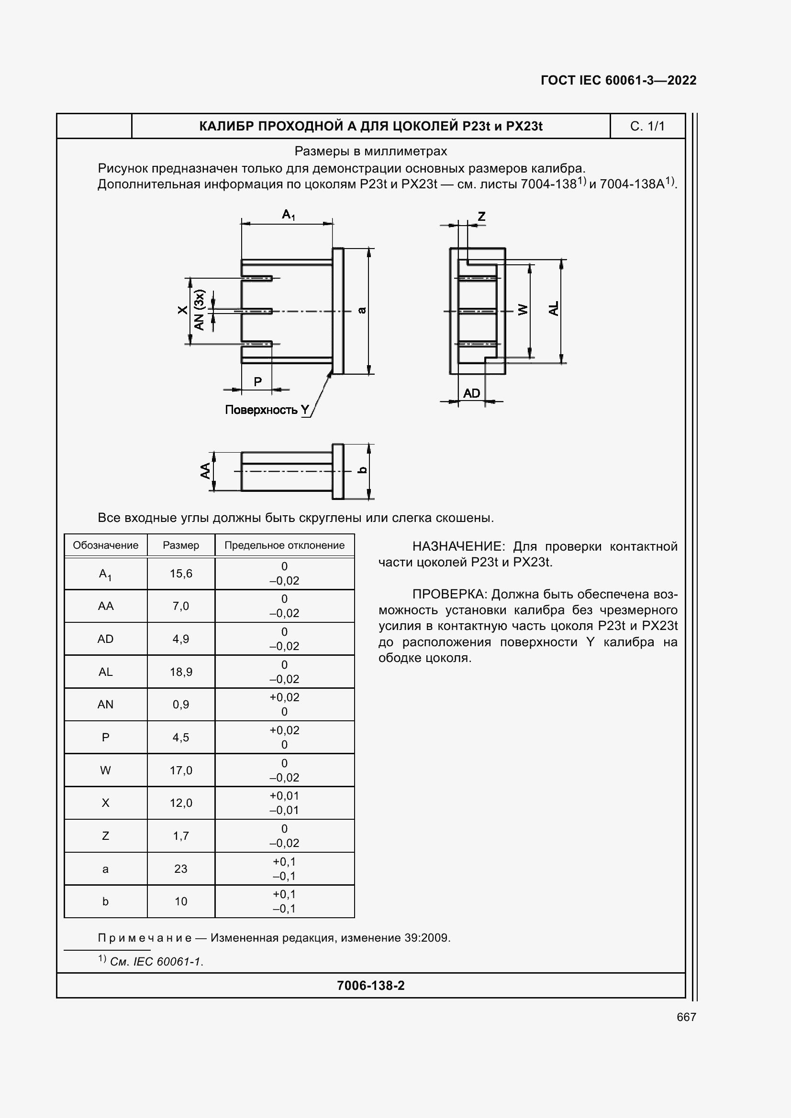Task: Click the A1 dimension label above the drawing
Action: click(x=289, y=214)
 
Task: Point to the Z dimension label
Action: click(x=481, y=216)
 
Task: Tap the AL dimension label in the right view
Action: click(x=554, y=309)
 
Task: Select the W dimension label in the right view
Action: click(x=523, y=310)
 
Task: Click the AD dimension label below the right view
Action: click(x=471, y=393)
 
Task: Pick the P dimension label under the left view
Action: click(x=258, y=382)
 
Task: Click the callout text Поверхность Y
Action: click(x=267, y=410)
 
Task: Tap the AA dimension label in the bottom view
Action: click(x=206, y=470)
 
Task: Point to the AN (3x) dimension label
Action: click(x=200, y=310)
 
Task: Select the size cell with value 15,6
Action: click(x=181, y=574)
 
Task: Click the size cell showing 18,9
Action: click(x=181, y=672)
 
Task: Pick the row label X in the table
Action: click(x=105, y=803)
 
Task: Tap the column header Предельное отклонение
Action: click(x=284, y=545)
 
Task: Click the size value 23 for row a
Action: click(x=181, y=868)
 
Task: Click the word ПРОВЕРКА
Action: click(x=449, y=594)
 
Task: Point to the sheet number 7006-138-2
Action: click(x=370, y=986)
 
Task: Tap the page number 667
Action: click(x=686, y=1017)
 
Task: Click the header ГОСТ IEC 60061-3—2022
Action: click(x=618, y=80)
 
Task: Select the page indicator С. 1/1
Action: click(x=647, y=126)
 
